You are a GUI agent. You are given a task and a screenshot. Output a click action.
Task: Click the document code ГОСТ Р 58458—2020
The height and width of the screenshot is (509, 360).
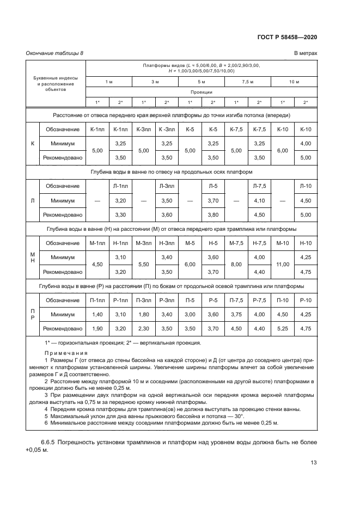[287, 37]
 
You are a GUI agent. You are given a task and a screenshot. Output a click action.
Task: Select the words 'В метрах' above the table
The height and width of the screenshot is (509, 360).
[306, 53]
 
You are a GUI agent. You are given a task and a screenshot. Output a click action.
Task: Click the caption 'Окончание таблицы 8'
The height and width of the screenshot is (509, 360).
[54, 53]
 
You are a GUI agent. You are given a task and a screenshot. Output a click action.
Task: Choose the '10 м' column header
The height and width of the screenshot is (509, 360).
[294, 81]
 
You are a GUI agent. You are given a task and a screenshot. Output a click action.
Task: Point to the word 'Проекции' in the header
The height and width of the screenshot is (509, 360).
[201, 92]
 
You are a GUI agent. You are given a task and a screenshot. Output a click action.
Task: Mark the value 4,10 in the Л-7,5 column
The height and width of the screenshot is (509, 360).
[259, 200]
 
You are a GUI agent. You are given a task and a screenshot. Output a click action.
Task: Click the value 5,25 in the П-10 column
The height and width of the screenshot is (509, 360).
[282, 328]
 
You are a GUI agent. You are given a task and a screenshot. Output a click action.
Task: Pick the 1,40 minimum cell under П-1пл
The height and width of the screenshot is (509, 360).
[97, 314]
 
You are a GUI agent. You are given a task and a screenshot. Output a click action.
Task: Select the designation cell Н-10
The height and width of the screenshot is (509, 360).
[306, 242]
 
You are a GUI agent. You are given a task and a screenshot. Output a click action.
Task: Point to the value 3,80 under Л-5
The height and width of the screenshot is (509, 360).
[213, 214]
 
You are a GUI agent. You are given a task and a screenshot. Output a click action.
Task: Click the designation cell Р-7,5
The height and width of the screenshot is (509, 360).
[259, 299]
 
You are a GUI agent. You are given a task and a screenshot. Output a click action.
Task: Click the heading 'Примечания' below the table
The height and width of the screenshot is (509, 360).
[64, 352]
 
